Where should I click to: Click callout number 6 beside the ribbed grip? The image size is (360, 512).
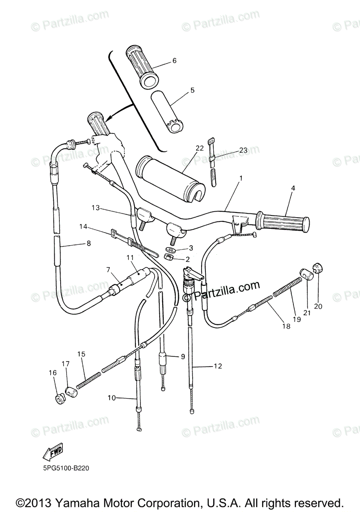[174, 61]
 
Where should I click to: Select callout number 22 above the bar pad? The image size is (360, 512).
[199, 148]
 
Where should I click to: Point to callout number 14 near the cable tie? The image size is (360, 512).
[83, 227]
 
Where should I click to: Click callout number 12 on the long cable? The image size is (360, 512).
[218, 366]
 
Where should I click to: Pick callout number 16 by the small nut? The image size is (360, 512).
[53, 373]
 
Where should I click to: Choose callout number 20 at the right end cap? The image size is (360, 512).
[319, 305]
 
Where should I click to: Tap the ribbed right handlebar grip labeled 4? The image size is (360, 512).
[284, 223]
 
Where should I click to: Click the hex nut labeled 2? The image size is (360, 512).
[168, 257]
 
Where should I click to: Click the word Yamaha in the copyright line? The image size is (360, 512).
[85, 502]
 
